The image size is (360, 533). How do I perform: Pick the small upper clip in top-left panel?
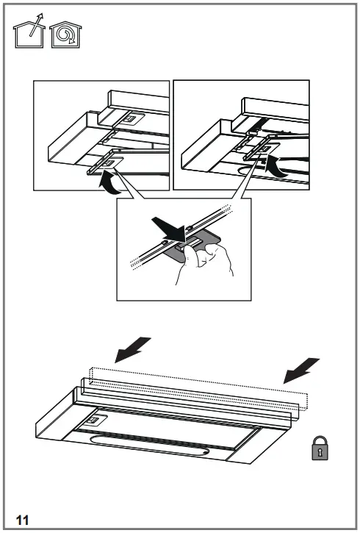(129, 118)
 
